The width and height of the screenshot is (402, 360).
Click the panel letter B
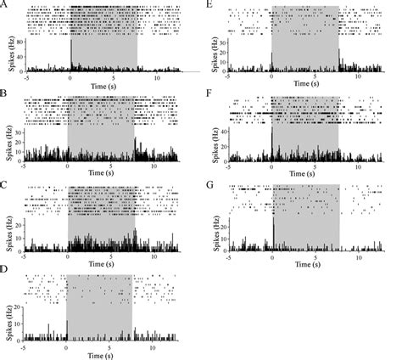(7, 94)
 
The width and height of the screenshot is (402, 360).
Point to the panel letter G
(209, 183)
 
